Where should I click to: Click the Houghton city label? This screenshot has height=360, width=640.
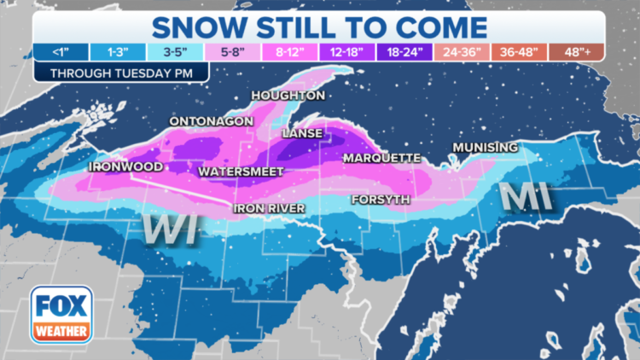pyautogui.click(x=288, y=95)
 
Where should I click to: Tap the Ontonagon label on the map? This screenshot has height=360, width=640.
pyautogui.click(x=211, y=121)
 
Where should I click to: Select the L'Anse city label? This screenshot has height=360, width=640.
pyautogui.click(x=302, y=133)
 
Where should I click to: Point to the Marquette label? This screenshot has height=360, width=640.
pyautogui.click(x=381, y=158)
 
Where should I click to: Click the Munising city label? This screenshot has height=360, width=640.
pyautogui.click(x=485, y=147)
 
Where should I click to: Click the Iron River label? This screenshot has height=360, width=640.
pyautogui.click(x=270, y=207)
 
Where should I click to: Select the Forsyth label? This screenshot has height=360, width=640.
pyautogui.click(x=380, y=200)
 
